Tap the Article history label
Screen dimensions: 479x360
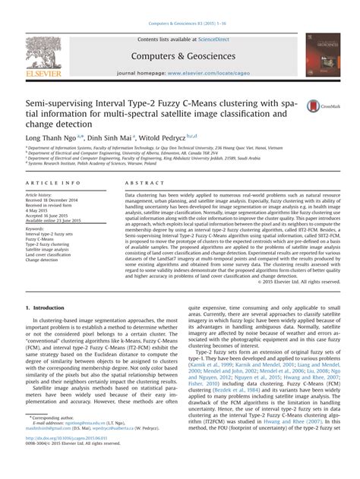tap(43, 195)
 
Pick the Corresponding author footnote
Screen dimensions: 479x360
tap(55, 440)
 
